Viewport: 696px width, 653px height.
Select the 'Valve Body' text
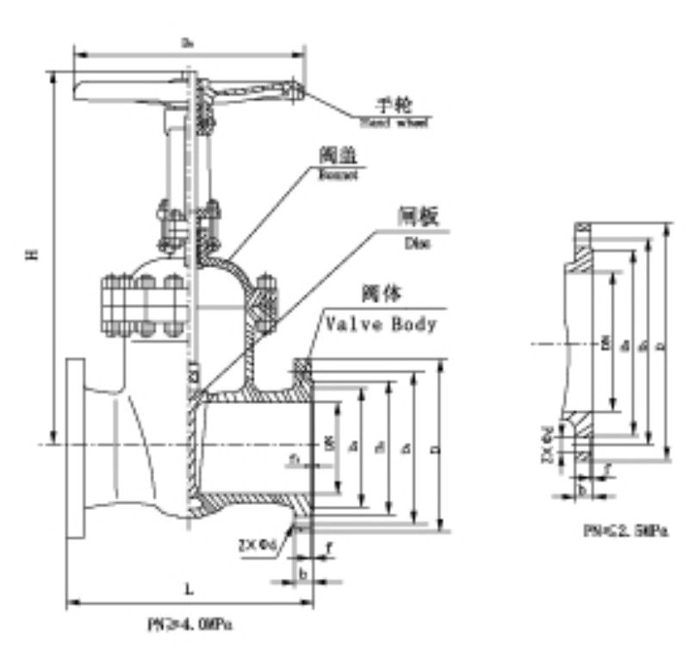pyautogui.click(x=380, y=325)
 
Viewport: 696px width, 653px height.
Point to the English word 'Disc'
pyautogui.click(x=416, y=243)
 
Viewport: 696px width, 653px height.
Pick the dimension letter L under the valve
pyautogui.click(x=189, y=588)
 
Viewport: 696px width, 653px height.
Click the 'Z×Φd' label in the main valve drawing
pyautogui.click(x=258, y=544)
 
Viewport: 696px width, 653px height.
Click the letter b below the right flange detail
pyautogui.click(x=583, y=489)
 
